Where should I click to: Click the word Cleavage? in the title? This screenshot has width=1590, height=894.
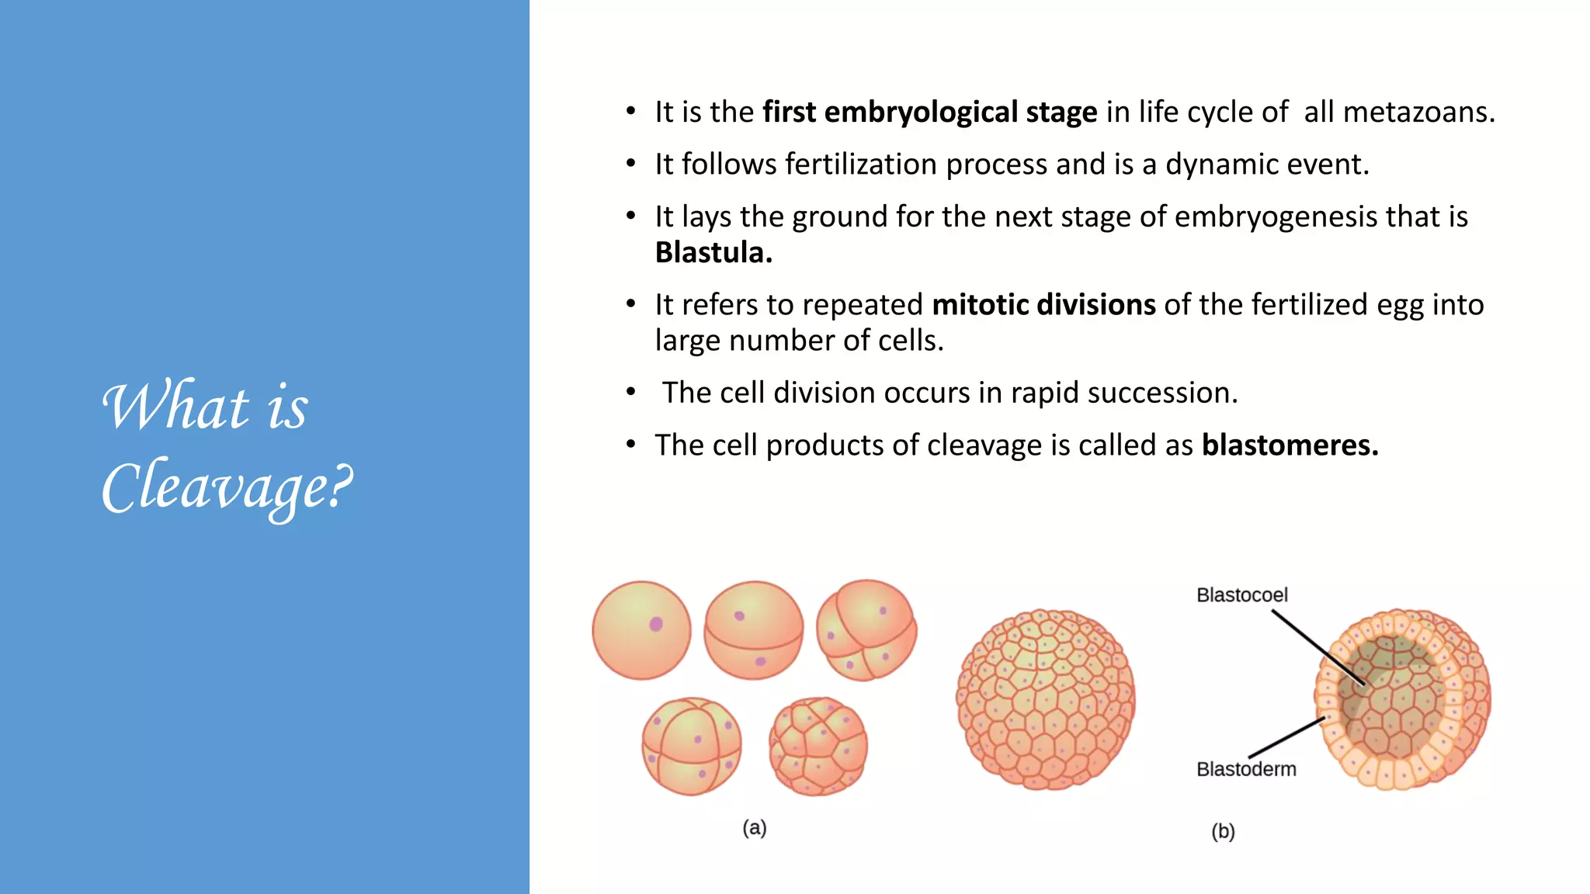click(x=227, y=487)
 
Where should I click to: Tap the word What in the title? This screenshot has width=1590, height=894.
click(x=175, y=407)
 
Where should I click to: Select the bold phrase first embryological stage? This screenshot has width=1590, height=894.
click(x=929, y=113)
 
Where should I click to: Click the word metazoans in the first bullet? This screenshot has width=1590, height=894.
click(x=1398, y=113)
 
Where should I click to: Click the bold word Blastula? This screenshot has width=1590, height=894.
click(x=713, y=253)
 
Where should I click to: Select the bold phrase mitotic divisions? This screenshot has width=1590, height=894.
click(x=1043, y=305)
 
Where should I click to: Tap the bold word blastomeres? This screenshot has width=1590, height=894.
click(x=1290, y=445)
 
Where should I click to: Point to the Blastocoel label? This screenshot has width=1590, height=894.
click(x=1241, y=595)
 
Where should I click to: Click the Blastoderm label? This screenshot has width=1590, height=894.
click(x=1246, y=769)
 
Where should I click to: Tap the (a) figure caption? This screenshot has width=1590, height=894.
click(x=754, y=828)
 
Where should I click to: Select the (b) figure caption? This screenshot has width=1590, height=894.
click(x=1223, y=832)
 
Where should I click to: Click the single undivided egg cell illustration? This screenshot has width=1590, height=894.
click(x=641, y=630)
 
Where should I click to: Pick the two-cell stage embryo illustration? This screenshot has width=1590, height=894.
click(x=753, y=630)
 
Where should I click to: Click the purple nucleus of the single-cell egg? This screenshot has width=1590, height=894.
click(x=656, y=624)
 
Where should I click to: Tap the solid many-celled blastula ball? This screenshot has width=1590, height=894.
click(x=1045, y=699)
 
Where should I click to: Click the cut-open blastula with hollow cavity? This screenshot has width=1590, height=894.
click(x=1402, y=699)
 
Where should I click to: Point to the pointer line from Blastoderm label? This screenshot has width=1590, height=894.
click(x=1285, y=737)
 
